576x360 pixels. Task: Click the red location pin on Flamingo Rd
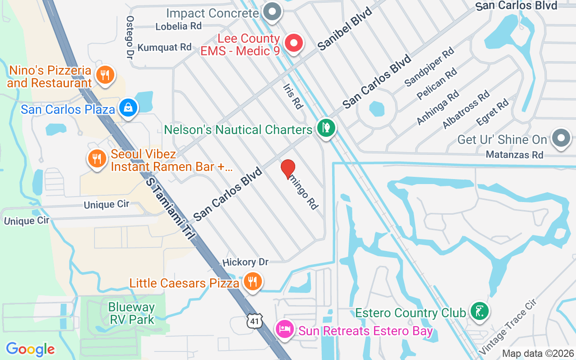click(x=288, y=169)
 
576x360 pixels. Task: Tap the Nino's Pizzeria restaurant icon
click(x=105, y=75)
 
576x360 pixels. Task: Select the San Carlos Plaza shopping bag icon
click(x=129, y=108)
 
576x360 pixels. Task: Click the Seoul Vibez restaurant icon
click(x=96, y=158)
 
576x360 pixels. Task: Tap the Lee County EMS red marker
click(x=294, y=44)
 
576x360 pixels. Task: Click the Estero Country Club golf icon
click(x=479, y=311)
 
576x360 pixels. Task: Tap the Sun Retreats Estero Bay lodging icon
click(x=285, y=329)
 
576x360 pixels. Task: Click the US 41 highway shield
click(x=254, y=320)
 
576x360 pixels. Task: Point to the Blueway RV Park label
click(x=131, y=314)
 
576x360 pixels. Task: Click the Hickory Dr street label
click(x=245, y=262)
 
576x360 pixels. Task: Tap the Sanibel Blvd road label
click(x=345, y=29)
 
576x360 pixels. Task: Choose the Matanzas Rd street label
click(x=514, y=155)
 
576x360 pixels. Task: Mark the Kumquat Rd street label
click(x=164, y=47)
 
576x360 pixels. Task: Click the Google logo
click(x=31, y=349)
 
